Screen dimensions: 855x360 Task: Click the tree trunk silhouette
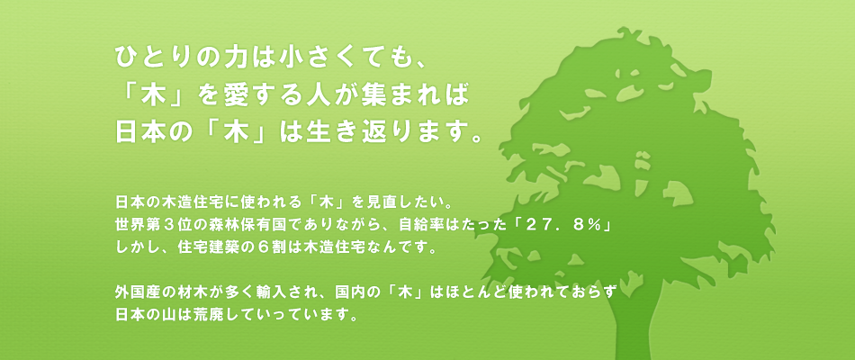[x=637, y=322]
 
